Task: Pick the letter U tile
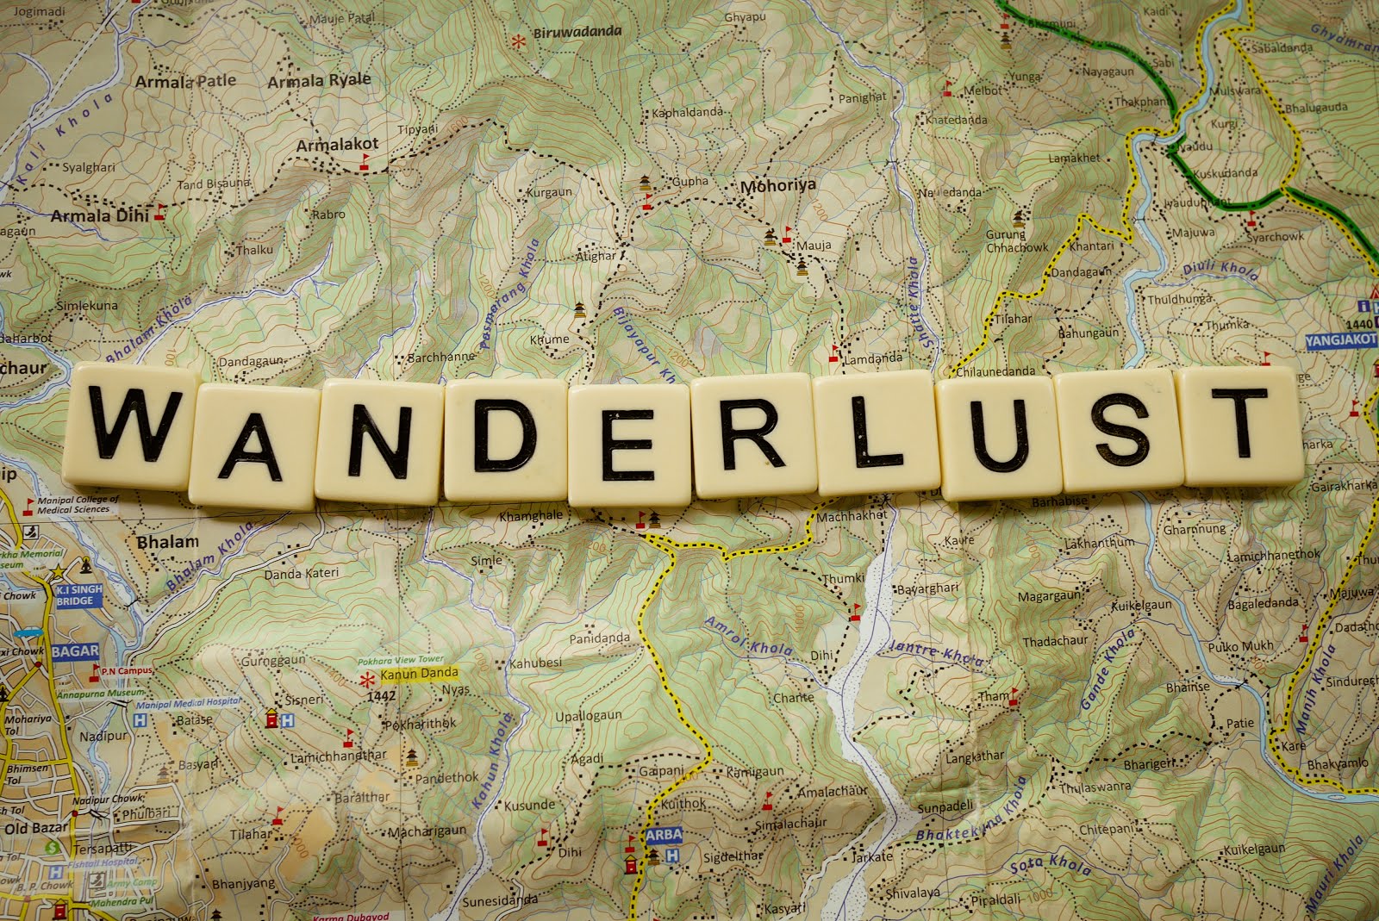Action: point(997,436)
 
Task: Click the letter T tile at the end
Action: point(1242,424)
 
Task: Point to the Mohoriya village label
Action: point(777,185)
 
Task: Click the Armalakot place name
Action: point(337,146)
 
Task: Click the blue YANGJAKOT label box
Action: point(1341,340)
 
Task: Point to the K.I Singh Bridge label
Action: point(79,595)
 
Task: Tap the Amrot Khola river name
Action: point(737,636)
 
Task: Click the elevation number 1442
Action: point(380,696)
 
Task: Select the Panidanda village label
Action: point(599,638)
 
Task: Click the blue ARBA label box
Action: point(663,834)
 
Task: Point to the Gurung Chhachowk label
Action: point(1017,241)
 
